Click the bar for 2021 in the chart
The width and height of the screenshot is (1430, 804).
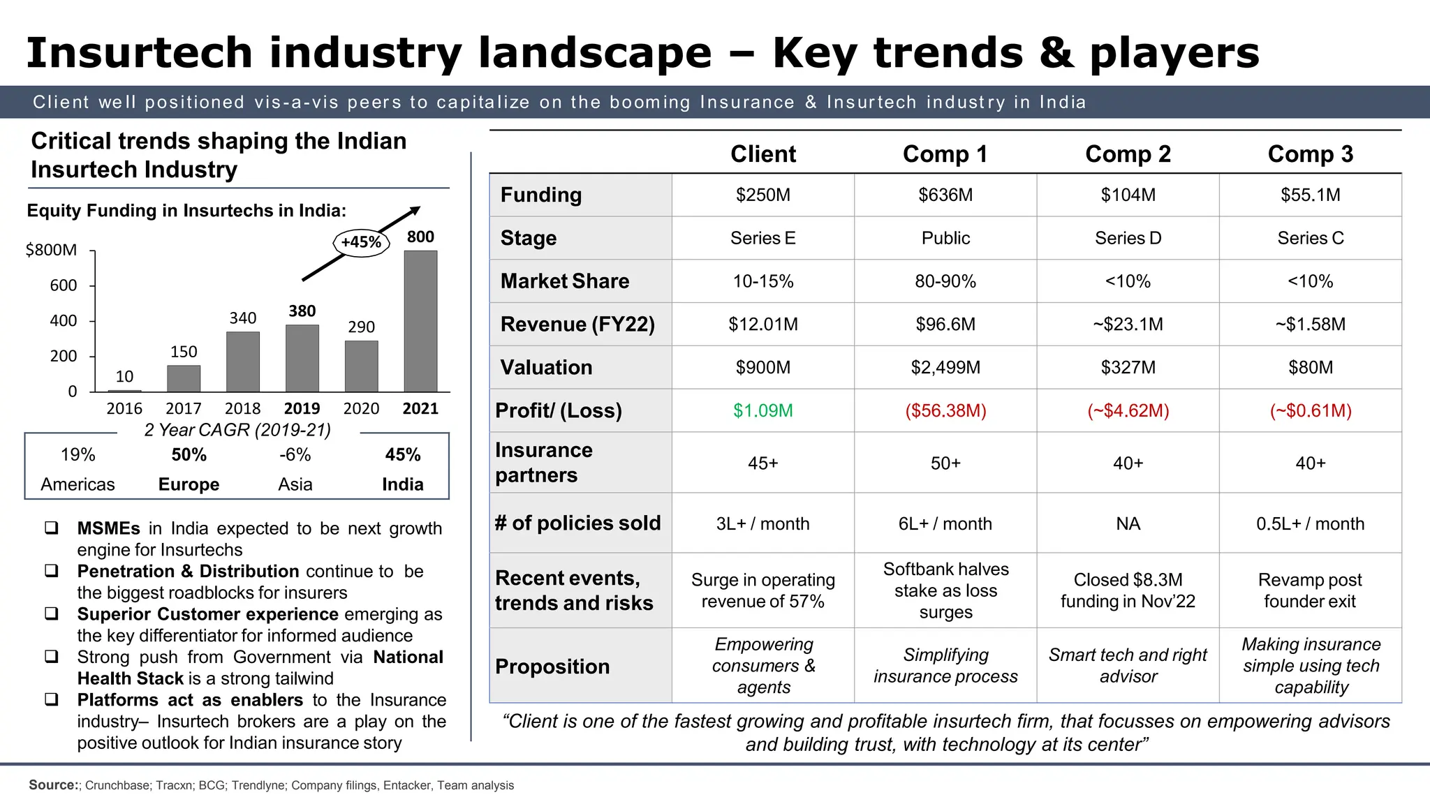point(420,321)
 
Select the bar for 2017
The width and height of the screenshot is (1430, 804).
point(184,378)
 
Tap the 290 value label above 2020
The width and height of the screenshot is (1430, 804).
point(361,327)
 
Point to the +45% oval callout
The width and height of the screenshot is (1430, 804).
point(361,242)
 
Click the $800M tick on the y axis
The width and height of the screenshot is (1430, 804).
point(51,250)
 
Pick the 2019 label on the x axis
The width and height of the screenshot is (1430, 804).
point(302,408)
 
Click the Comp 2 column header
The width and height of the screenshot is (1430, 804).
point(1128,154)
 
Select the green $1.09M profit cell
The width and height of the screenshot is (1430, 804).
point(762,410)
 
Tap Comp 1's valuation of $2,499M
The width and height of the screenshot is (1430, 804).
point(945,367)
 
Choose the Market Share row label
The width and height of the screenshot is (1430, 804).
point(564,281)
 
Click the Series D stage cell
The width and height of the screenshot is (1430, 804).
point(1128,238)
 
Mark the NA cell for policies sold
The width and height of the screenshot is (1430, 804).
point(1128,523)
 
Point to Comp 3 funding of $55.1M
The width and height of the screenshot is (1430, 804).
point(1310,195)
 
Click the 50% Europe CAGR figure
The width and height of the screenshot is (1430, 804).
point(189,455)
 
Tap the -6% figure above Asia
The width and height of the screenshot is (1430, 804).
point(295,455)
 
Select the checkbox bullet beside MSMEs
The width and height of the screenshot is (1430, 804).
point(52,528)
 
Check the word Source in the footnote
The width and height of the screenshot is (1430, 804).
point(53,785)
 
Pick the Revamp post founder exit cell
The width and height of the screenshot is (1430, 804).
point(1310,590)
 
